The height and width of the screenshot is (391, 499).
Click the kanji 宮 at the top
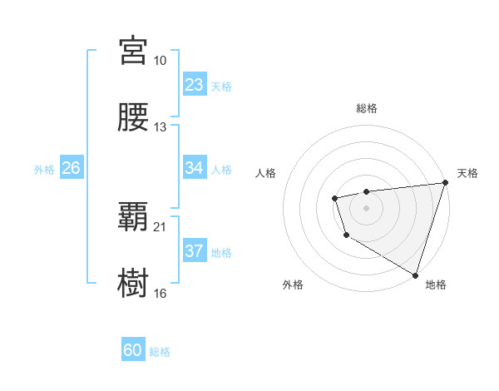pyautogui.click(x=134, y=51)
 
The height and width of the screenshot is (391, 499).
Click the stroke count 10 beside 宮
pyautogui.click(x=161, y=61)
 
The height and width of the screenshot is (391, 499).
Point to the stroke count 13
pyautogui.click(x=161, y=127)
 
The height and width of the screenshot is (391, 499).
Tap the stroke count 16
pyautogui.click(x=161, y=294)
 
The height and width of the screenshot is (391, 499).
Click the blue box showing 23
pyautogui.click(x=195, y=85)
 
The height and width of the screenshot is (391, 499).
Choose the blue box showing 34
pyautogui.click(x=195, y=168)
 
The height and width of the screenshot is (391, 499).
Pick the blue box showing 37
pyautogui.click(x=195, y=251)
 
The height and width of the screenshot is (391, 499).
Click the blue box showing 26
pyautogui.click(x=71, y=168)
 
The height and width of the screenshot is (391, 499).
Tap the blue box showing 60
pyautogui.click(x=133, y=351)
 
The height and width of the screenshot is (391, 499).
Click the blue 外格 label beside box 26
pyautogui.click(x=44, y=169)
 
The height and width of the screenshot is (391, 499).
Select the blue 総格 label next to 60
pyautogui.click(x=160, y=352)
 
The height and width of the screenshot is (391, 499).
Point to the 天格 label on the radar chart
pyautogui.click(x=467, y=173)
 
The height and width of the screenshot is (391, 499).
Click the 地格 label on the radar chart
pyautogui.click(x=436, y=285)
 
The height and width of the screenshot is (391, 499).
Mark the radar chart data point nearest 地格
pyautogui.click(x=415, y=274)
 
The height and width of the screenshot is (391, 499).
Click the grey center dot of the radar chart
pyautogui.click(x=366, y=207)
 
